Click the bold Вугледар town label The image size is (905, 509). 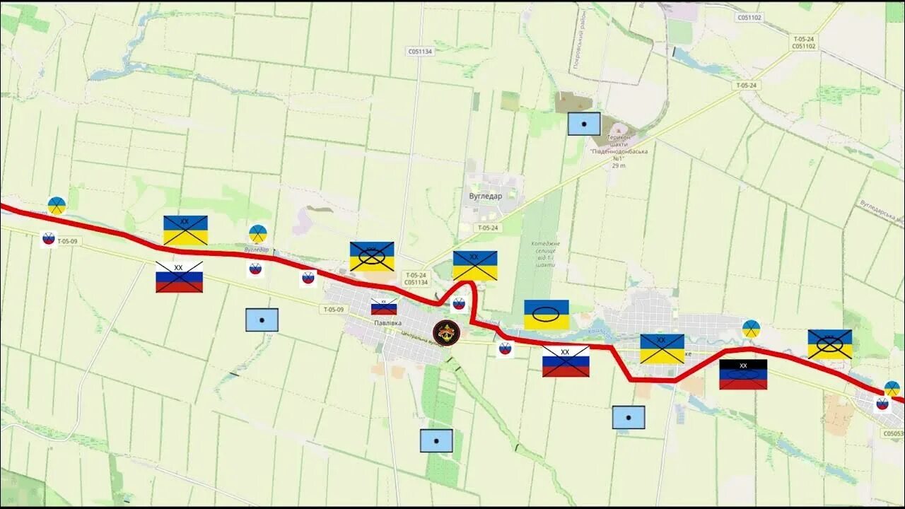(x=486, y=197)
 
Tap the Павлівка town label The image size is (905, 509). (x=388, y=323)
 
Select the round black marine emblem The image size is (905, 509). (x=446, y=333)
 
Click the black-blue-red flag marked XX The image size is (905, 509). (x=743, y=375)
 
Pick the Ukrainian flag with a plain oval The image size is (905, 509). (x=546, y=315)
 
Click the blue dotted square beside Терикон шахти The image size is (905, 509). (x=584, y=124)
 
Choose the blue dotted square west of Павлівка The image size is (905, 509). (x=262, y=320)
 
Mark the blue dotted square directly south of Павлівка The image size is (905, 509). (x=436, y=440)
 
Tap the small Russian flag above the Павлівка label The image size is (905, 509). (x=384, y=307)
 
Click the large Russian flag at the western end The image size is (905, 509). (x=179, y=276)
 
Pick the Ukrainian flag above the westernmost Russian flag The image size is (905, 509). (x=185, y=230)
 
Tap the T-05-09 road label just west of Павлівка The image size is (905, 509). (x=333, y=310)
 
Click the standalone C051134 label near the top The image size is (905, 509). (x=420, y=52)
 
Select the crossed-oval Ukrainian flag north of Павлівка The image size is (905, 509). (x=372, y=257)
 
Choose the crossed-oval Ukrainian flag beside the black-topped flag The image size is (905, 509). (x=830, y=344)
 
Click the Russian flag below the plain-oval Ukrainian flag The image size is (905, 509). (x=566, y=361)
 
